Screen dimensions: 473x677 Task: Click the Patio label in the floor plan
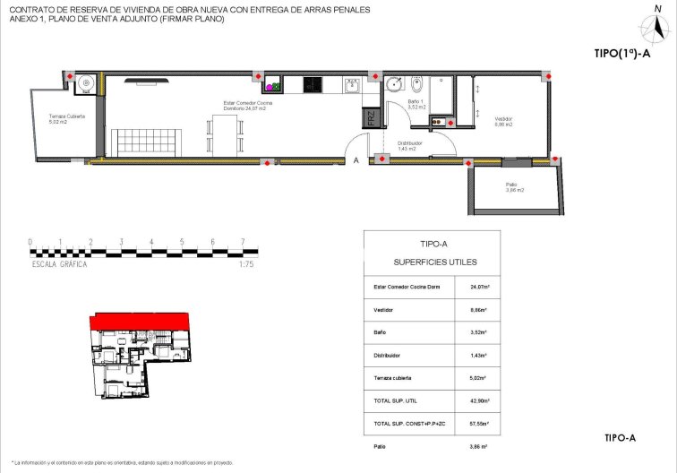pos(513,187)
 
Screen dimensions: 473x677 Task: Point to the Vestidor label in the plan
pos(503,121)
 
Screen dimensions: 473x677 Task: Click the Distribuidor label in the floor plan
pos(410,145)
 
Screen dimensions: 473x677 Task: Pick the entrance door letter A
pos(356,161)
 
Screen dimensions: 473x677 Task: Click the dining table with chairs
pos(224,135)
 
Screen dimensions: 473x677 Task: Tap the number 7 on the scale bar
pos(243,242)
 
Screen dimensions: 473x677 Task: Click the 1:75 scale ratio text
pos(248,264)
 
